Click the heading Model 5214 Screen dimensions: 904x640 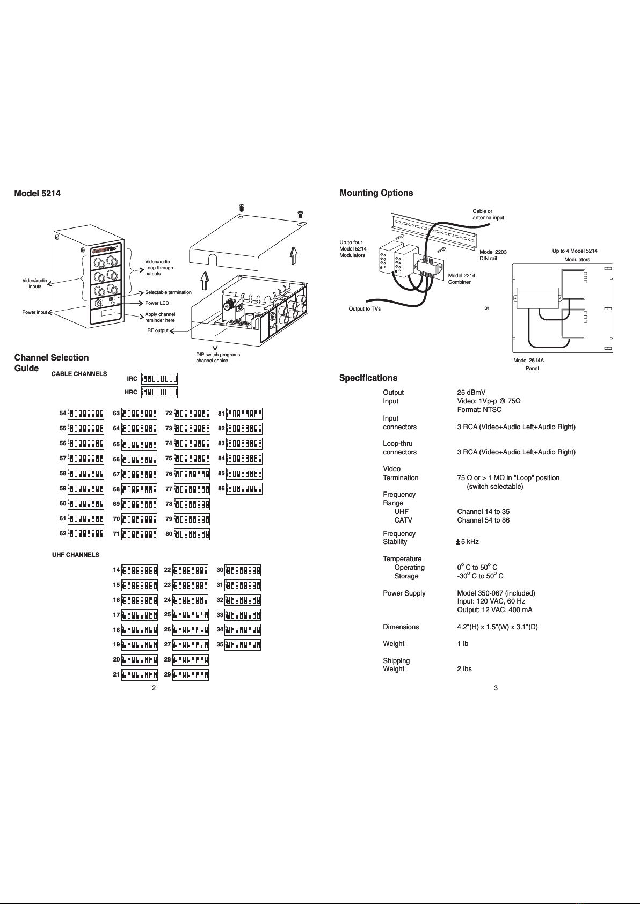(37, 194)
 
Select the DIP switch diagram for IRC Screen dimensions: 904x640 (159, 379)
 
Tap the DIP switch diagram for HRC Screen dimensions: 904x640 (159, 392)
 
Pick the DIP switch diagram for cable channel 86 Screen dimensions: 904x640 (244, 489)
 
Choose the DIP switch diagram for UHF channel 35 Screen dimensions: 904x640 (243, 645)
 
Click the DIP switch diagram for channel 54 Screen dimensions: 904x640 (86, 414)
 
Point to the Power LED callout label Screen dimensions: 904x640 (157, 303)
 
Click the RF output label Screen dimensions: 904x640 (158, 330)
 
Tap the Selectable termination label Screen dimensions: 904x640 (168, 292)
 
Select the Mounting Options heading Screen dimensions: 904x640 (376, 193)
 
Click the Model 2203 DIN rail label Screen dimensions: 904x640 (493, 255)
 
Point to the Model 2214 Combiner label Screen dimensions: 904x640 (461, 278)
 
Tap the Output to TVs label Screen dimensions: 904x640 (365, 309)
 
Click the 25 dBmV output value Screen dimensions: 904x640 (471, 393)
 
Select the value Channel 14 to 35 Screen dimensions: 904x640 (483, 512)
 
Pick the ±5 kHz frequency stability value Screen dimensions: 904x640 (467, 542)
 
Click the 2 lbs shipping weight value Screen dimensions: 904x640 (464, 669)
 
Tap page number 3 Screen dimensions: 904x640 (496, 688)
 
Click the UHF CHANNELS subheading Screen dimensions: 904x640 (76, 555)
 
